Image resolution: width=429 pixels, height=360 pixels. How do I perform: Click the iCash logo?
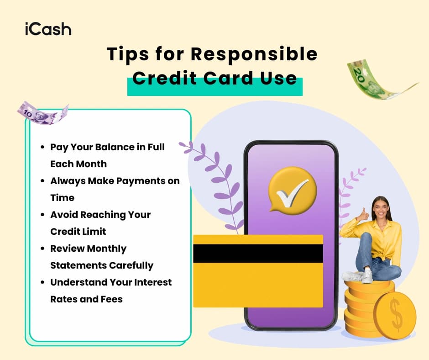pyautogui.click(x=48, y=29)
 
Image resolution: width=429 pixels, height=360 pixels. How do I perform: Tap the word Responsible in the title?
pyautogui.click(x=254, y=54)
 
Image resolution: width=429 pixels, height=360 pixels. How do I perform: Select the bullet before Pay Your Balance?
pyautogui.click(x=42, y=148)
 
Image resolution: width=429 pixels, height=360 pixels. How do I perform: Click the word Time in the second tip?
pyautogui.click(x=62, y=198)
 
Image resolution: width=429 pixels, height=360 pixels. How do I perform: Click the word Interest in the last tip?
pyautogui.click(x=150, y=282)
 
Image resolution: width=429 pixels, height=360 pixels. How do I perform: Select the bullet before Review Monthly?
pyautogui.click(x=42, y=249)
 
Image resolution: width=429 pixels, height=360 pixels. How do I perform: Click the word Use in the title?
pyautogui.click(x=280, y=78)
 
